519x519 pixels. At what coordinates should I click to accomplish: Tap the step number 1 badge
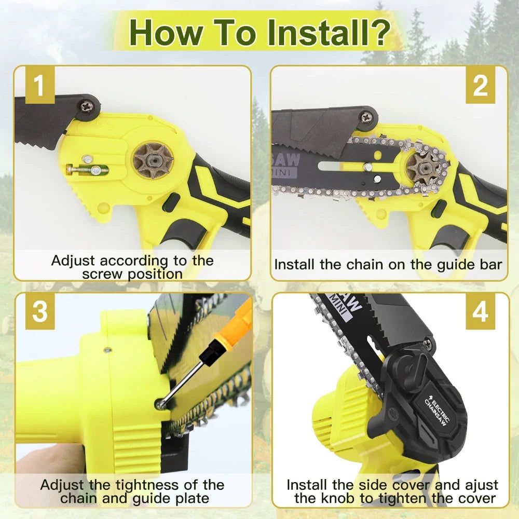[40, 86]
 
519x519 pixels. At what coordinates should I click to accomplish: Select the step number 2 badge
[480, 86]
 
